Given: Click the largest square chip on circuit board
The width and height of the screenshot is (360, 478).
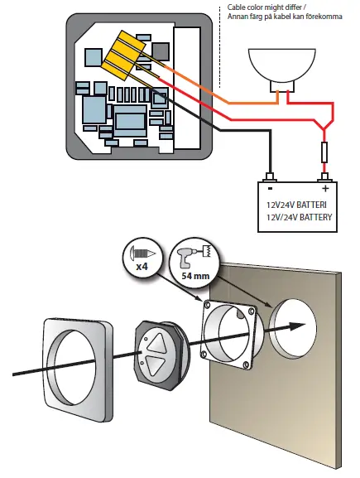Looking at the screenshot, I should (131, 120).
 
